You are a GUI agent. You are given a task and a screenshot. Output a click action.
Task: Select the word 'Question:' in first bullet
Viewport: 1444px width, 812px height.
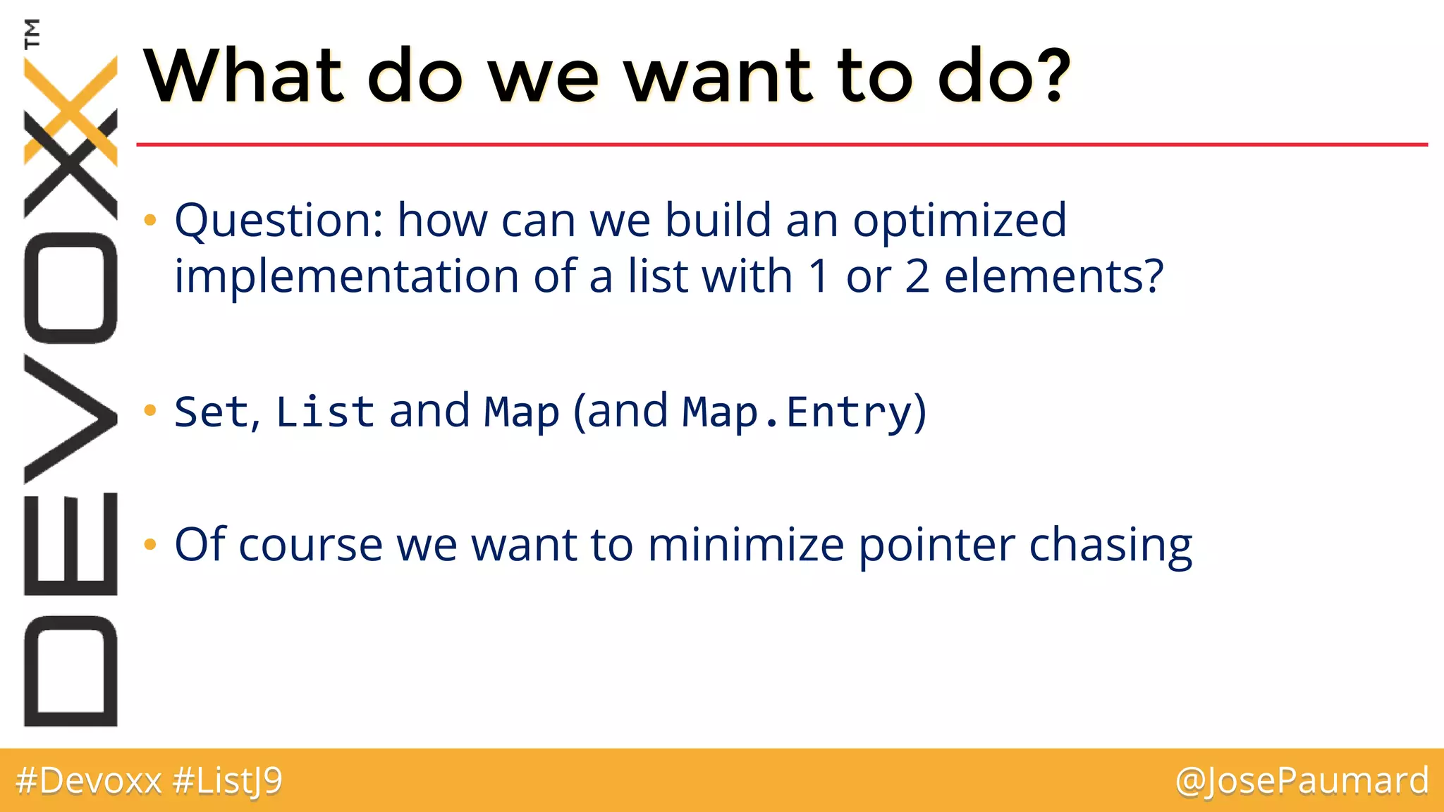279,221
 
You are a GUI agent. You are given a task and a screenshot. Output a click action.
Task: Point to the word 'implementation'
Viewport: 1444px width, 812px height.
346,276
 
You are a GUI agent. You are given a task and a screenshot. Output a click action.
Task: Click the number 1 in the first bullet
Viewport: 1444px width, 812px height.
819,276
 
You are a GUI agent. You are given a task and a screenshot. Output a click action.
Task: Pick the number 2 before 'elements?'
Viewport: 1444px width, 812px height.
917,276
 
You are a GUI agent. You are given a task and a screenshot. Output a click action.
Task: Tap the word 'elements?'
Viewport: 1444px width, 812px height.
1053,276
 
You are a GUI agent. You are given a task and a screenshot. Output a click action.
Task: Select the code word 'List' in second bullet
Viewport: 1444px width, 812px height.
325,412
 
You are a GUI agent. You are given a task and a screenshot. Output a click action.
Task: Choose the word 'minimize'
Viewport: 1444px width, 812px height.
745,545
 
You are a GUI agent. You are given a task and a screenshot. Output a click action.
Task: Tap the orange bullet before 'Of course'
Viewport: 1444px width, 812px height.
149,544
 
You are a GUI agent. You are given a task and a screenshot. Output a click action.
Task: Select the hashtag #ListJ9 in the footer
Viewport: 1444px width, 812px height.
227,781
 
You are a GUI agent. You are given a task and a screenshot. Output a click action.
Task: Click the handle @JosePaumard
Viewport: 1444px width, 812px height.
1302,781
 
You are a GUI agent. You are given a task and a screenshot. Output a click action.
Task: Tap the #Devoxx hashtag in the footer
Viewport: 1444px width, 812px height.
89,781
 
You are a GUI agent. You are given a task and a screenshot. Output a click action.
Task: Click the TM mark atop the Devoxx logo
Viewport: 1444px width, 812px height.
32,33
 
